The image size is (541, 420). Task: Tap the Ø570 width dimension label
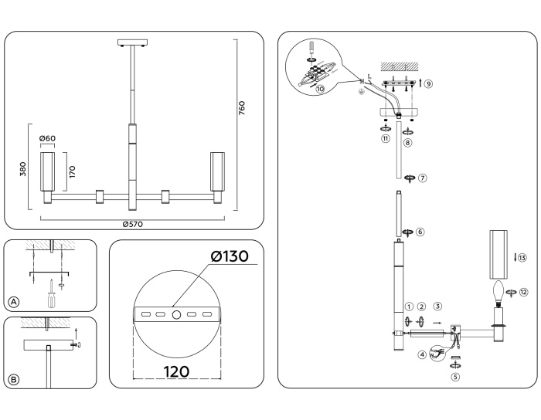tap(133, 224)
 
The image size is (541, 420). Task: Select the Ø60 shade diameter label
tap(48, 139)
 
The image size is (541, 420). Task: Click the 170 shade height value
tap(72, 171)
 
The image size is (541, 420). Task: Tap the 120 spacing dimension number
tap(176, 371)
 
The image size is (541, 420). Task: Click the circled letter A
tap(14, 301)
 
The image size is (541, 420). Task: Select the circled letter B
tap(14, 378)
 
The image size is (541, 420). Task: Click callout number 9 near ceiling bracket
tap(428, 83)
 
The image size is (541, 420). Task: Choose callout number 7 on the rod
tap(422, 178)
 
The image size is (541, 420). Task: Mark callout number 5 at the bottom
tap(455, 378)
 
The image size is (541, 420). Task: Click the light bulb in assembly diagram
tap(499, 292)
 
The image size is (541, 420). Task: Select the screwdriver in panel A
tap(51, 294)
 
